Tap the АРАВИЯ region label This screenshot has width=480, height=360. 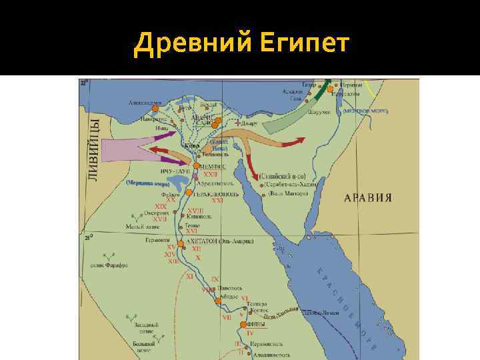coord(367,197)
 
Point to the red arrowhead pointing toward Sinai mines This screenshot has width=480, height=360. coord(257,175)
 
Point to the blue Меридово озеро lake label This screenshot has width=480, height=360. coord(147,181)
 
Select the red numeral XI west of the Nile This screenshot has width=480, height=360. coord(190,275)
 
